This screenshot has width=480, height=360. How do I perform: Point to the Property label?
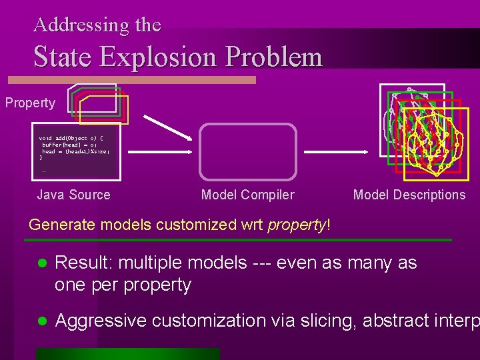pyautogui.click(x=30, y=103)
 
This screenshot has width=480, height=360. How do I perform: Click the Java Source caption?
pyautogui.click(x=73, y=195)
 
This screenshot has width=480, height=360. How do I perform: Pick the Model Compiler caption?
pyautogui.click(x=247, y=195)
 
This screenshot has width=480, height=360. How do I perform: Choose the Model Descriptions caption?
pyautogui.click(x=409, y=195)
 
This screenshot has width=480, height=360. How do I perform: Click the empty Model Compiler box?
pyautogui.click(x=247, y=152)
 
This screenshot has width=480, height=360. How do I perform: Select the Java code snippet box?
pyautogui.click(x=76, y=152)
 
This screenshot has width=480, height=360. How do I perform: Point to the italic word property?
pyautogui.click(x=299, y=225)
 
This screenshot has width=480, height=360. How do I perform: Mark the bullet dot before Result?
pyautogui.click(x=41, y=264)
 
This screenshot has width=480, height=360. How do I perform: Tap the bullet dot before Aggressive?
pyautogui.click(x=41, y=321)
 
